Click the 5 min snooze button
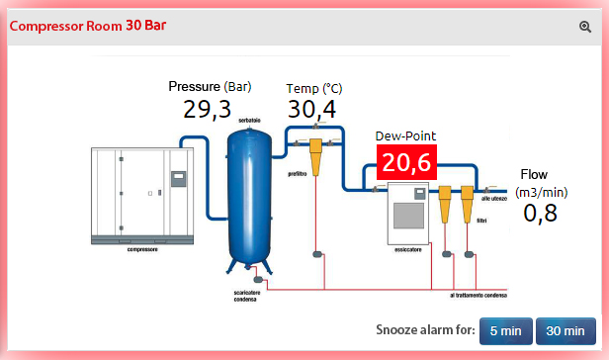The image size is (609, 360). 506,331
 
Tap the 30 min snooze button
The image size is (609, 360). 565,331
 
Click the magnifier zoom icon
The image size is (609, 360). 585,27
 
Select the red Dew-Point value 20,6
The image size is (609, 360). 406,162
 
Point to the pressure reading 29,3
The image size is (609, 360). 207,109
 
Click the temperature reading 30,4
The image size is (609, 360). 311,109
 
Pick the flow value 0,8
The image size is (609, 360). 540,214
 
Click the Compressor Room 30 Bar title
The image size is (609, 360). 88,26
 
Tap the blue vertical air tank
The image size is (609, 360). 249,198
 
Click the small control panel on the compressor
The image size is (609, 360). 178,179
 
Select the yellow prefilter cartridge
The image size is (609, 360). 315,157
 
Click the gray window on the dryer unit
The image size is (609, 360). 408,216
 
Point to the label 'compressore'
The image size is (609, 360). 142,249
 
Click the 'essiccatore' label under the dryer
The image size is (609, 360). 408,249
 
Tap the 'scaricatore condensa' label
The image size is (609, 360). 246,296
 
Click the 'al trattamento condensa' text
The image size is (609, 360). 478,296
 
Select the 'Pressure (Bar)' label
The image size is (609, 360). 210,86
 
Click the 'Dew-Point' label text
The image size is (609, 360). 405,135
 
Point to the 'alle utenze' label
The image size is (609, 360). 494,199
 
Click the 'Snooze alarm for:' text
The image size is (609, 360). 426,329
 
